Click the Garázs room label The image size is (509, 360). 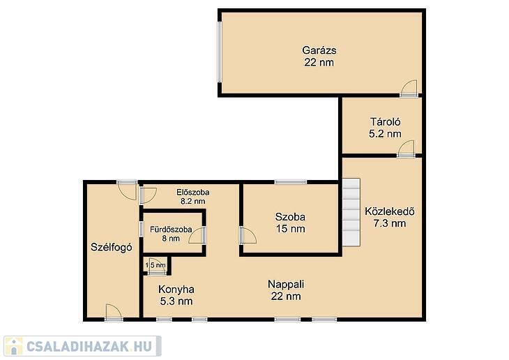coord(319,50)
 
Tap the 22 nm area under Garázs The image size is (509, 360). coord(319,62)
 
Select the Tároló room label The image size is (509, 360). coord(386,122)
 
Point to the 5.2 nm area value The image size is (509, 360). coord(385,133)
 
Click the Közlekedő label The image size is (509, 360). coord(390,211)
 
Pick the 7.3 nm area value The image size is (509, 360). coord(390,223)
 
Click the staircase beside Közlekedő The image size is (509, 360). coord(351,212)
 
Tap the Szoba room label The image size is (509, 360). coord(290,217)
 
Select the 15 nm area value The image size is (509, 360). coord(290,229)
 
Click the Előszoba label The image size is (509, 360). coord(193,193)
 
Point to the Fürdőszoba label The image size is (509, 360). coord(171,230)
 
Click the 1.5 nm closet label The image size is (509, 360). coord(155,265)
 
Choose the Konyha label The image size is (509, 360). coord(176,289)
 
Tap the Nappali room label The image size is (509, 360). coord(286,284)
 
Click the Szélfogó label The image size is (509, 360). coord(112,247)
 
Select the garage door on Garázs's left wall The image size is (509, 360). coord(220,52)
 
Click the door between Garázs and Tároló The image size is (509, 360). coord(409,89)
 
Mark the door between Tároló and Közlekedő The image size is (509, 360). coord(406,149)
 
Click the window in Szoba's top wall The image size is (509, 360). coord(290,182)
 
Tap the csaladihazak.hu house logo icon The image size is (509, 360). coord(13,346)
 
